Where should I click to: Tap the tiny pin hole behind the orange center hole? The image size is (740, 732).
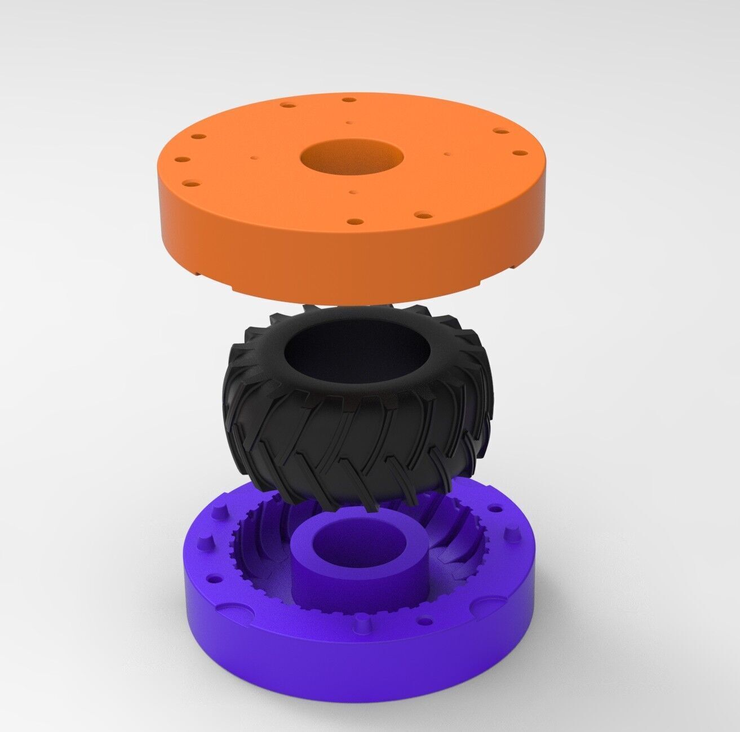[x=350, y=121]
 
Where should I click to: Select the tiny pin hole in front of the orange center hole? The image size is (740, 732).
[x=353, y=193]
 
